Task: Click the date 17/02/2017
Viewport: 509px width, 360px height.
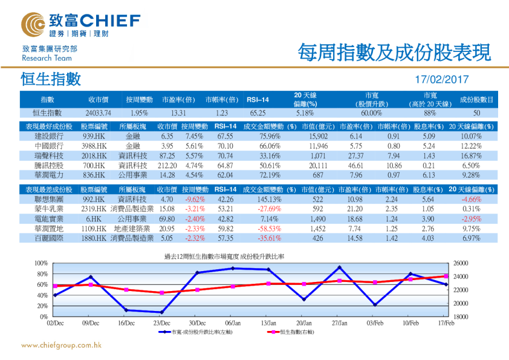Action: [x=442, y=79]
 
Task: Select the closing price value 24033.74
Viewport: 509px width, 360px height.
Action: [x=98, y=113]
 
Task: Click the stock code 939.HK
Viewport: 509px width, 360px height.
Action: [x=94, y=137]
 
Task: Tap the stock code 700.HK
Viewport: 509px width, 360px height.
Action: [x=94, y=165]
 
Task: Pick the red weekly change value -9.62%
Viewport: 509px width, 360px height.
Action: [x=194, y=198]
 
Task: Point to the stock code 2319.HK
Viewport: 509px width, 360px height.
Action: [x=94, y=209]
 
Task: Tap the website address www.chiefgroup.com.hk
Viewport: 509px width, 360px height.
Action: [x=61, y=345]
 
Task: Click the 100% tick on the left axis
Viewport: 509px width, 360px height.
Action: [x=41, y=263]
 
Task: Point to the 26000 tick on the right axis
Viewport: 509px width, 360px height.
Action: [x=461, y=263]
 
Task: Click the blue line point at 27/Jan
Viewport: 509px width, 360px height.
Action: [x=340, y=267]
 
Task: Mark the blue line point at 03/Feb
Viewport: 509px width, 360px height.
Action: [x=375, y=304]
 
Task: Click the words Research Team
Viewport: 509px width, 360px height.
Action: [x=47, y=58]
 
